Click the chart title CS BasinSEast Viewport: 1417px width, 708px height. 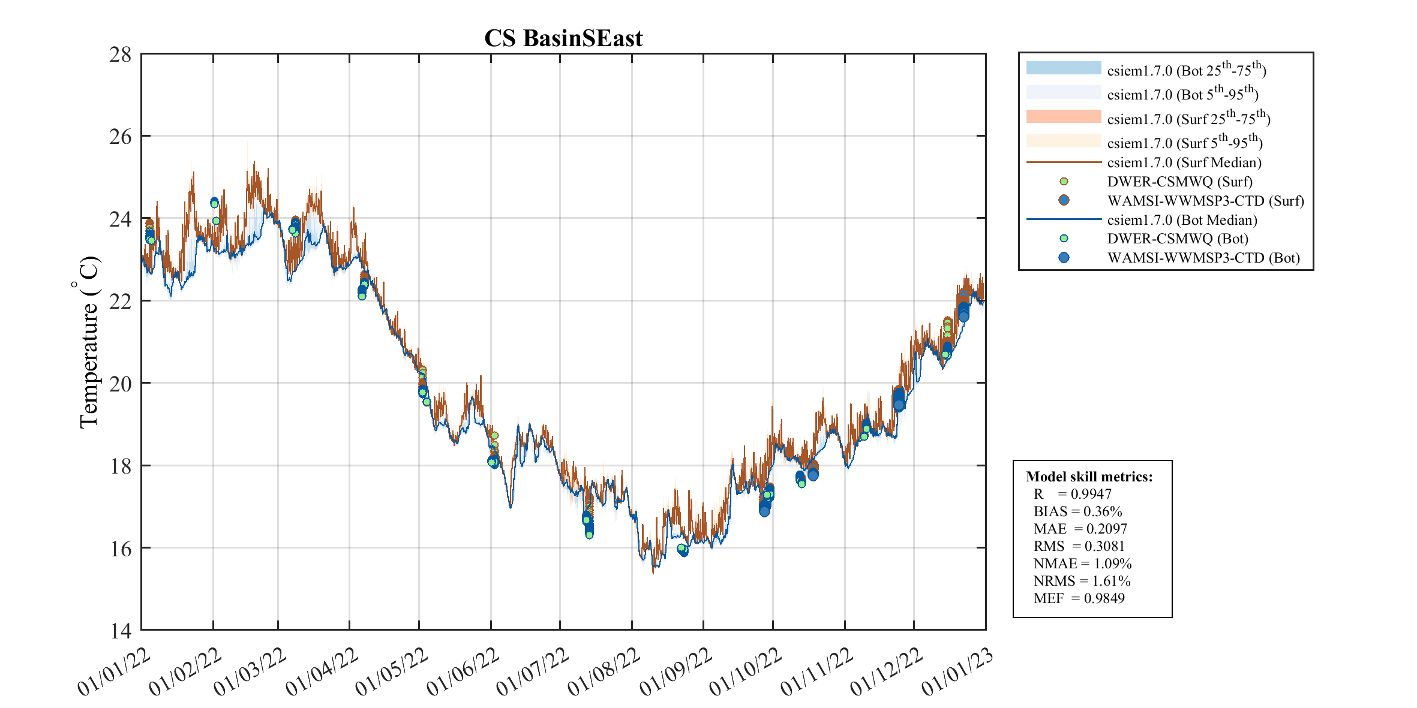click(x=563, y=38)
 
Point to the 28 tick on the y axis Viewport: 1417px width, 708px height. click(x=120, y=55)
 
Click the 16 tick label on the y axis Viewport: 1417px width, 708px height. click(x=120, y=549)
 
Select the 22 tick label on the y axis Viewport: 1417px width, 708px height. click(x=120, y=302)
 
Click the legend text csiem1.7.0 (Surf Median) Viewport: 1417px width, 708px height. click(x=1184, y=162)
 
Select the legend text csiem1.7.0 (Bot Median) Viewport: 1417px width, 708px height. click(x=1182, y=220)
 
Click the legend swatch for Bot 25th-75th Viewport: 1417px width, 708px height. click(x=1064, y=68)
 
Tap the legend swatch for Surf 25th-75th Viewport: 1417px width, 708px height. click(x=1064, y=116)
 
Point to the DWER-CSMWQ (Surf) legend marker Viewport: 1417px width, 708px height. click(x=1064, y=182)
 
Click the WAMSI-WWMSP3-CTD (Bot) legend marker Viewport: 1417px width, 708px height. click(x=1064, y=258)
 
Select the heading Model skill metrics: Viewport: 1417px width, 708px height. click(x=1089, y=477)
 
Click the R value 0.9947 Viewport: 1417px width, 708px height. click(x=1091, y=494)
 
